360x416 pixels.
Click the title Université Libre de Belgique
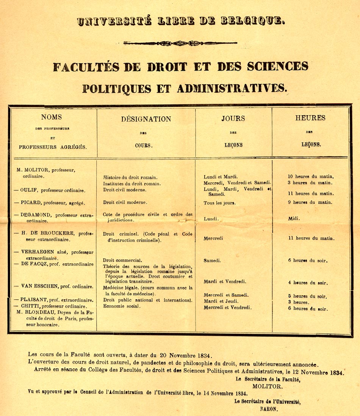coord(180,21)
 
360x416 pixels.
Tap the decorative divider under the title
coord(180,43)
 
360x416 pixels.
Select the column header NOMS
coord(52,117)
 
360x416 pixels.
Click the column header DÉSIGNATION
coord(146,119)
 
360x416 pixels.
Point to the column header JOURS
coord(233,119)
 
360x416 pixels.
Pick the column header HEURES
coord(310,118)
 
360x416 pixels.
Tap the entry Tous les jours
coord(219,203)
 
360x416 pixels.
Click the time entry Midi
coord(294,219)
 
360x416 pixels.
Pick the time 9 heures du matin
coord(310,202)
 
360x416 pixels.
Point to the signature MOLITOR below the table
coord(267,386)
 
